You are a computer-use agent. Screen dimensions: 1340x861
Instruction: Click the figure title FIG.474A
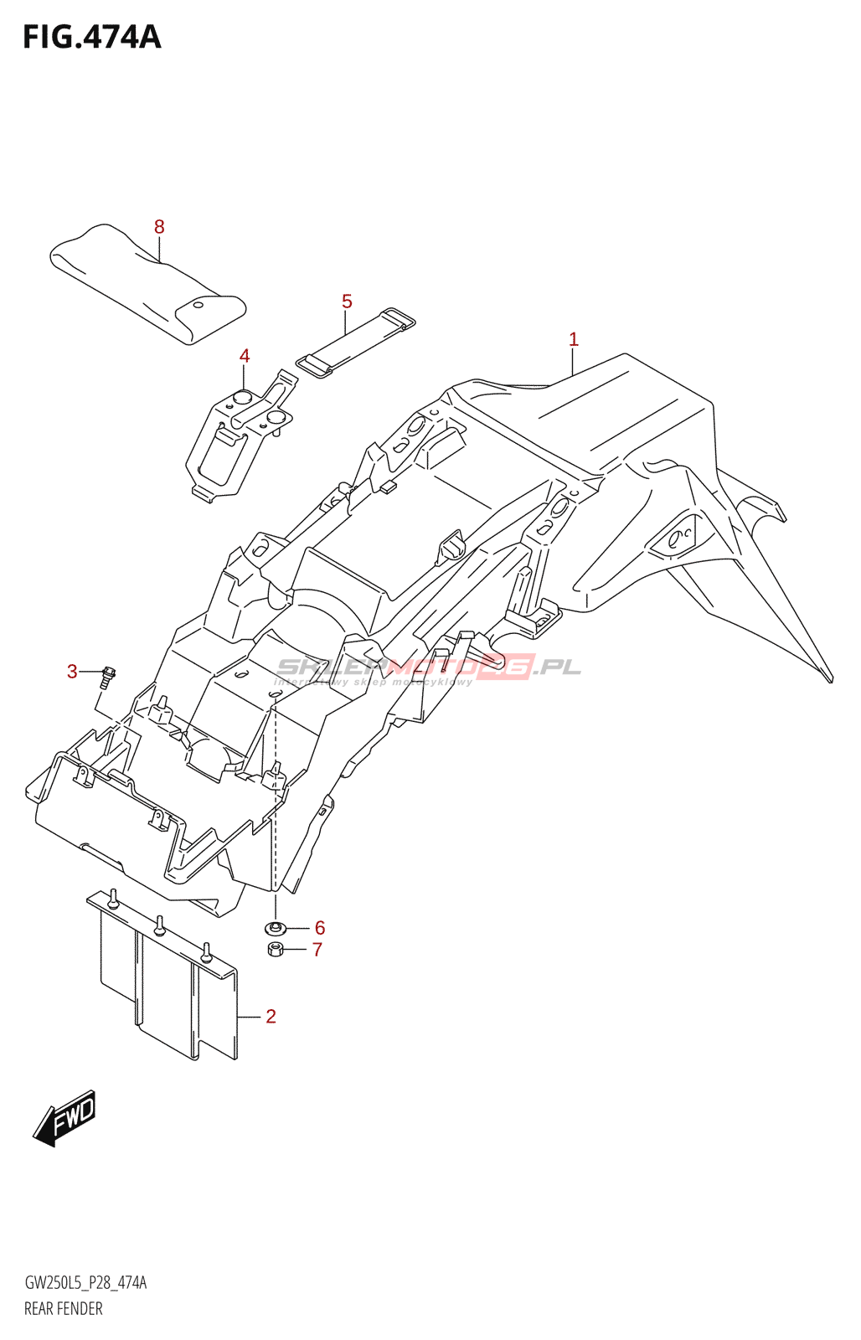91,37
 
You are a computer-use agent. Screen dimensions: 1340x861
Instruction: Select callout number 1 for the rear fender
574,339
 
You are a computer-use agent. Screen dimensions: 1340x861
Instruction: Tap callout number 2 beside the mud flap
271,1016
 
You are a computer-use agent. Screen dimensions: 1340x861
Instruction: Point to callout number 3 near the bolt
72,672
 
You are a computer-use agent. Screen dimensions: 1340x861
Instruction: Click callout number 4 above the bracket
245,356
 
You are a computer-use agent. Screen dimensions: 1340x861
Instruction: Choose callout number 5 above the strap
347,301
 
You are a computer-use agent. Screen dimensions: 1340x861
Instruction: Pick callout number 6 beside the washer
320,928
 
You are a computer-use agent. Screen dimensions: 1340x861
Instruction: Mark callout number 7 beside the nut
317,950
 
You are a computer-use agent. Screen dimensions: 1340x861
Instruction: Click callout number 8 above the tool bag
159,227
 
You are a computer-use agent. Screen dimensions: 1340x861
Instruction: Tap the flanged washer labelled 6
275,927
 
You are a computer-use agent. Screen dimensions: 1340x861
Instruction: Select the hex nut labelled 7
275,949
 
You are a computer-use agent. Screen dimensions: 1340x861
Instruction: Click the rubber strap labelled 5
355,343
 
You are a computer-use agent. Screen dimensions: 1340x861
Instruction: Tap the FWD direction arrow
64,1119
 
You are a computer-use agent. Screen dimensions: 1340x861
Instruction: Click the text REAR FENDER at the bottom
64,1308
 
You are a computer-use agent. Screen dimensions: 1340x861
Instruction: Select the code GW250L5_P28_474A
85,1283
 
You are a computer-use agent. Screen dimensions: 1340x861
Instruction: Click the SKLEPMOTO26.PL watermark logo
428,667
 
